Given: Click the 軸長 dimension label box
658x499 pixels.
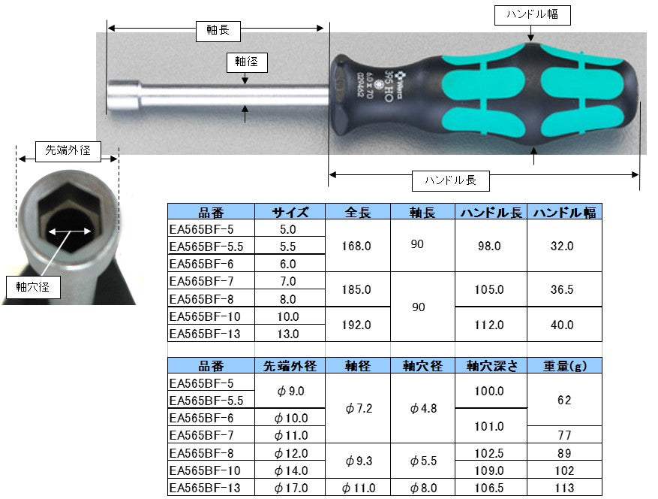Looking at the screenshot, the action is point(218,31).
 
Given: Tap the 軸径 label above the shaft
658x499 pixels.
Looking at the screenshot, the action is point(247,62).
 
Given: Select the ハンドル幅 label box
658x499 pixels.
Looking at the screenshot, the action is point(532,15).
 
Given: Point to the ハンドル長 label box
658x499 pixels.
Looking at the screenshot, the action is point(450,181).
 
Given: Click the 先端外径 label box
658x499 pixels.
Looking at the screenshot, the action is point(68,151).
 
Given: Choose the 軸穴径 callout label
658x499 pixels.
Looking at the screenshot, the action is point(33,288).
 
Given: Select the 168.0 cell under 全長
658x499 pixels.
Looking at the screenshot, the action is point(356,246).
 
